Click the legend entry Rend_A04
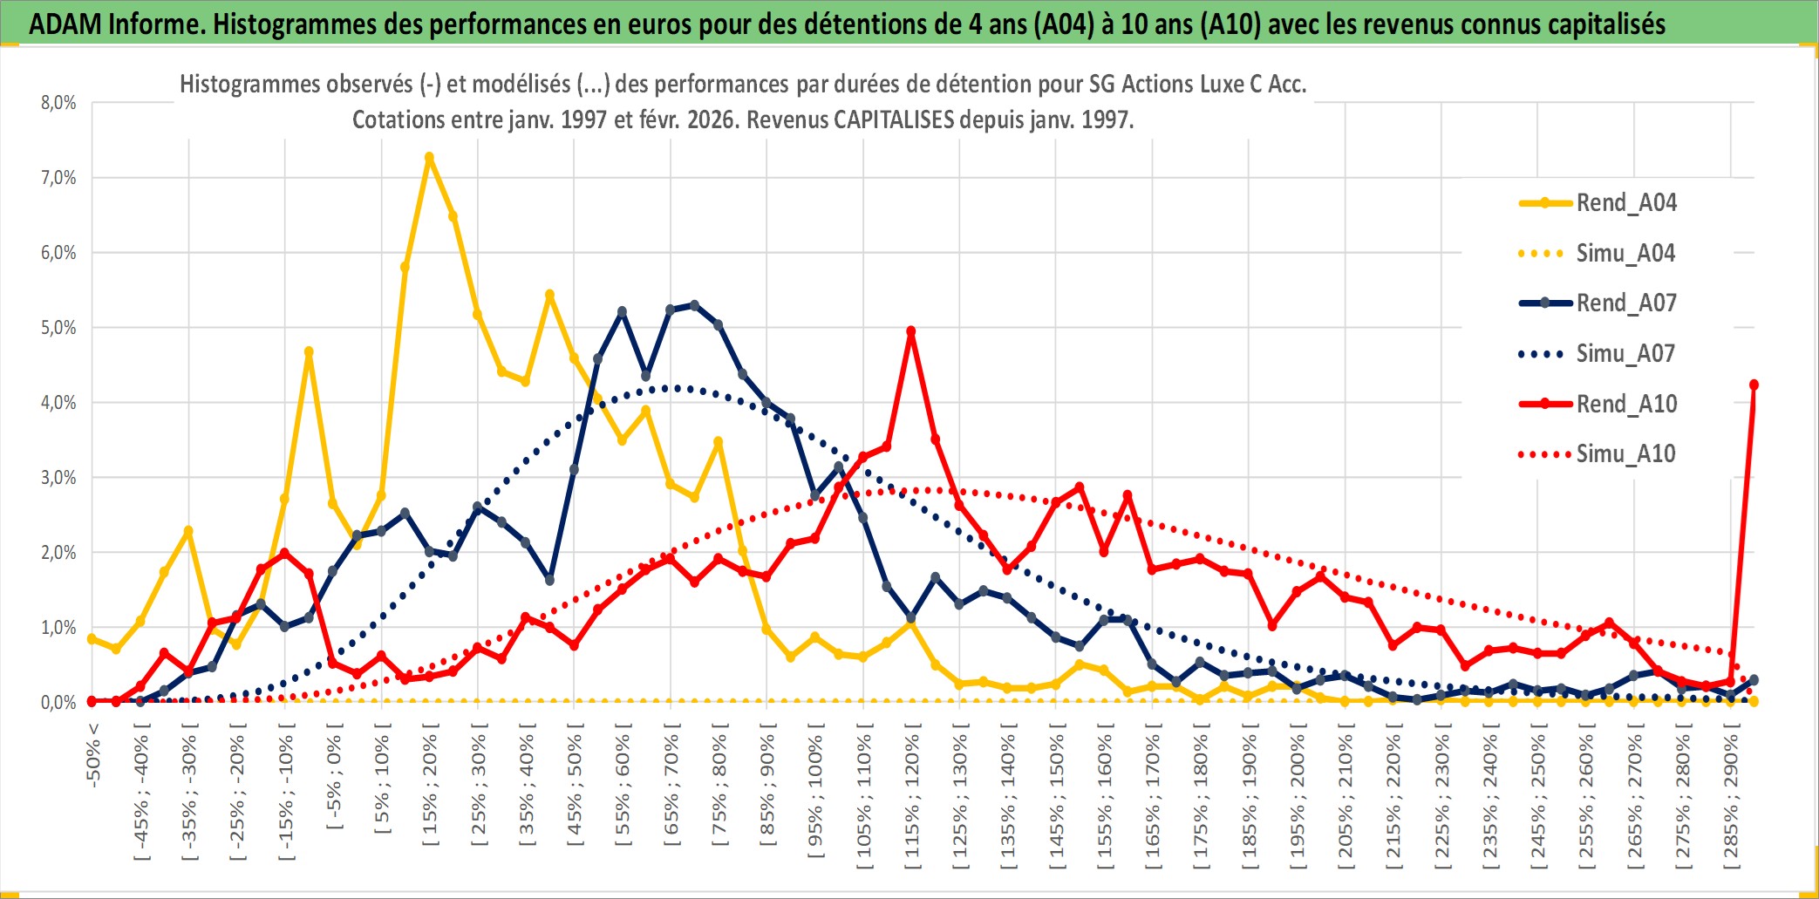(1625, 203)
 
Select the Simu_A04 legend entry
(1625, 254)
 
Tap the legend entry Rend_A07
(1625, 303)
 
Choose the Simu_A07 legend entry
(1625, 354)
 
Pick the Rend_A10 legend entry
(1625, 404)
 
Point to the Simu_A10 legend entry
(1625, 454)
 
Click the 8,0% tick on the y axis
(58, 103)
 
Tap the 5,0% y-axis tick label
(58, 328)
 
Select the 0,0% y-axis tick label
(58, 703)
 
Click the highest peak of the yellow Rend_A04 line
(429, 158)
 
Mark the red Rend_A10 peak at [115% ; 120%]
(911, 331)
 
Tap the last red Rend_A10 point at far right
(1754, 385)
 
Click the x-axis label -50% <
(93, 755)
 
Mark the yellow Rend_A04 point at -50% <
(92, 639)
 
